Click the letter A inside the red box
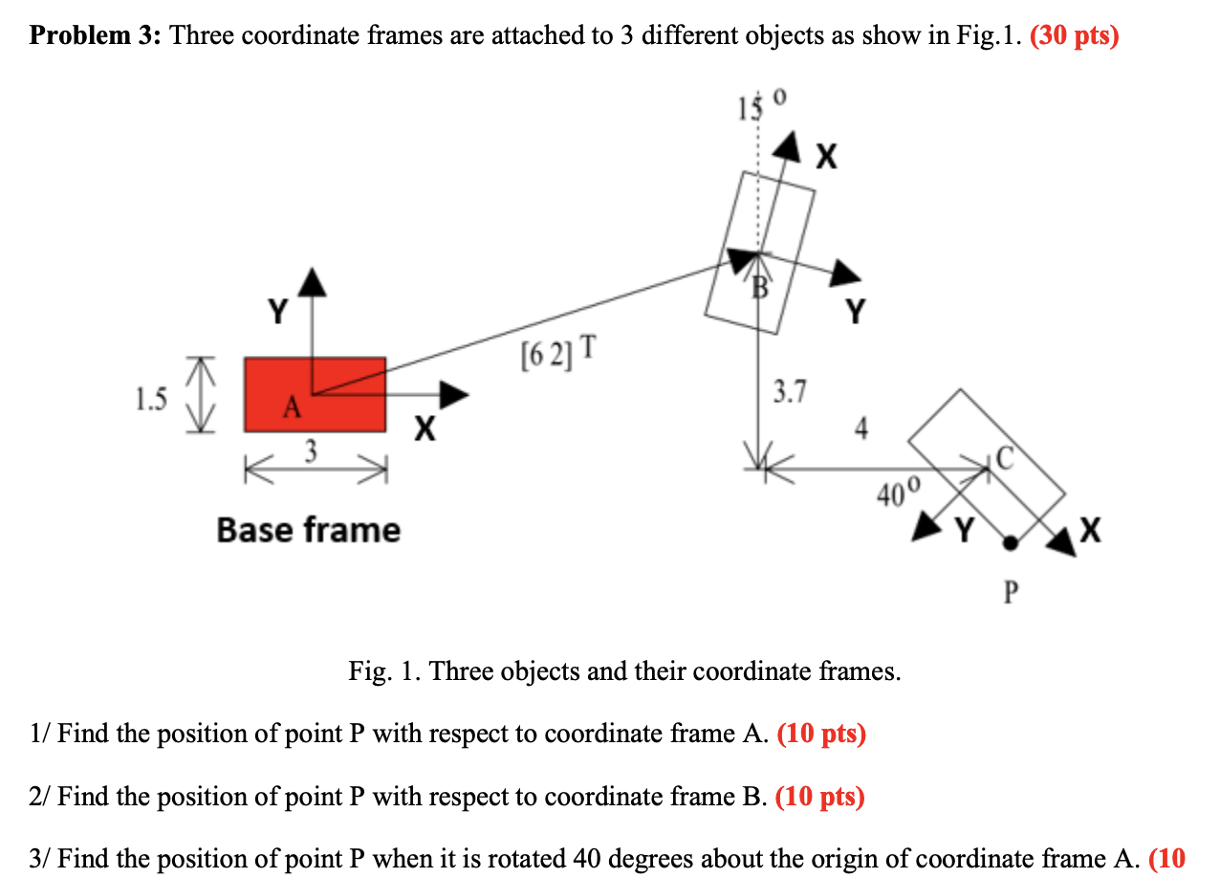click(x=291, y=409)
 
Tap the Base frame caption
click(x=308, y=529)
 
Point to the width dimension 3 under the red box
click(x=309, y=450)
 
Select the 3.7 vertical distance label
click(x=790, y=390)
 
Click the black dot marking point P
click(x=1010, y=543)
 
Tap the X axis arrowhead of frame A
click(x=453, y=393)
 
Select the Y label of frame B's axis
click(x=857, y=310)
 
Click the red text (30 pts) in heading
click(x=1074, y=37)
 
